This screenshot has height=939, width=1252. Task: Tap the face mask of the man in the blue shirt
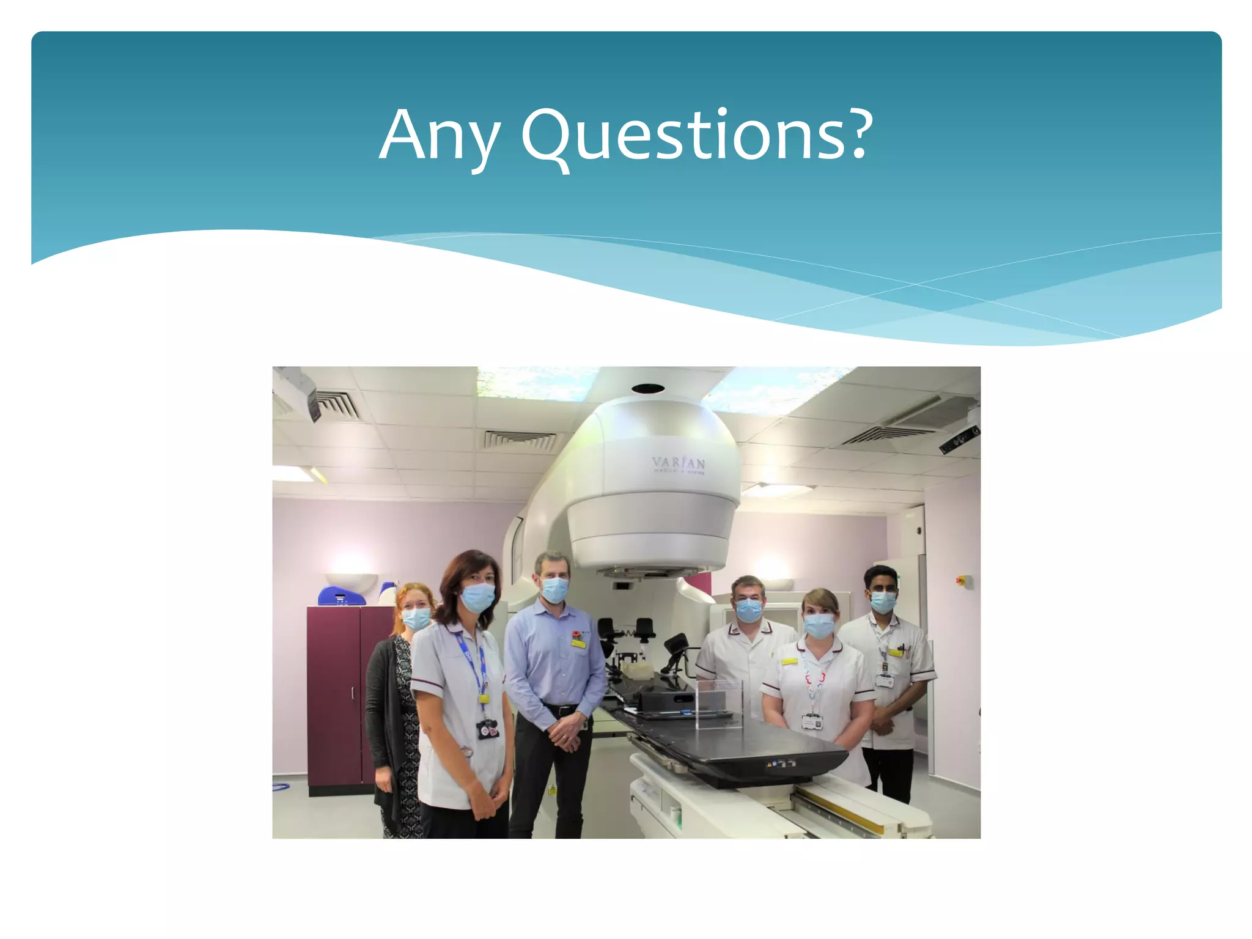click(x=555, y=589)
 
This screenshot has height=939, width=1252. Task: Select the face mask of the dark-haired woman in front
click(x=477, y=597)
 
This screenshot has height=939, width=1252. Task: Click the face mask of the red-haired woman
click(x=417, y=619)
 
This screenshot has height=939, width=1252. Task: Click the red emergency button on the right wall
click(x=960, y=580)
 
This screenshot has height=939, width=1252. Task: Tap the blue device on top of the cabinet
click(x=341, y=595)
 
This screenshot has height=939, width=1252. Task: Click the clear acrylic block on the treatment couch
click(x=720, y=703)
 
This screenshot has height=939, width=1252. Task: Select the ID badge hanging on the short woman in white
click(x=812, y=722)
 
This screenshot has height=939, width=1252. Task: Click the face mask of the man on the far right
click(x=883, y=602)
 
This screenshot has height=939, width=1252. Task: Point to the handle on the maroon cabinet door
click(x=353, y=693)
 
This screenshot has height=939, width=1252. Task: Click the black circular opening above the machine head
click(x=648, y=388)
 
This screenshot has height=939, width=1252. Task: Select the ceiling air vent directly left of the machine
click(x=520, y=440)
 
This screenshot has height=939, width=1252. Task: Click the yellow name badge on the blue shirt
click(x=578, y=643)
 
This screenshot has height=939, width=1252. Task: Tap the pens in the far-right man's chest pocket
click(x=904, y=650)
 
